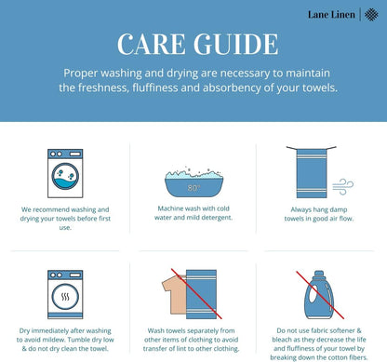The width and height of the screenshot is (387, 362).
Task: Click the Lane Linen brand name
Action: click(x=331, y=15)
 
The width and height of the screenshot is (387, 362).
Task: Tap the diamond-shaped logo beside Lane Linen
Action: click(x=371, y=15)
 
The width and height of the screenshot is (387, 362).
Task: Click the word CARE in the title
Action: click(x=152, y=44)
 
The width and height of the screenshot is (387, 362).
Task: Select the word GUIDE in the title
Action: click(x=236, y=44)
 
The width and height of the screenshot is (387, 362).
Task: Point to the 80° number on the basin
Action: click(x=193, y=188)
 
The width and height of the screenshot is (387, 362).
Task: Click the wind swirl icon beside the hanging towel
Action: click(x=343, y=187)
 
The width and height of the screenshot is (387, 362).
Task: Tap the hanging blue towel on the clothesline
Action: click(x=312, y=173)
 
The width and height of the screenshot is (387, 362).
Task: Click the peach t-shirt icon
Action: click(x=174, y=295)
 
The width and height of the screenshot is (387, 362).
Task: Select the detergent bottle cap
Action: click(x=319, y=275)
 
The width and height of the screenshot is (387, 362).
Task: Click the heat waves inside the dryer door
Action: click(x=65, y=297)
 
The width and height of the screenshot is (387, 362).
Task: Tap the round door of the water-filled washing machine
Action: click(x=65, y=176)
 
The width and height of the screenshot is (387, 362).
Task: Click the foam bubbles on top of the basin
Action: click(x=193, y=173)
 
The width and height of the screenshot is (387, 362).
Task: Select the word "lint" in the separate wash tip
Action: click(x=181, y=349)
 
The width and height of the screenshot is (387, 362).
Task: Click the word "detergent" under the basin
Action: click(x=217, y=218)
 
